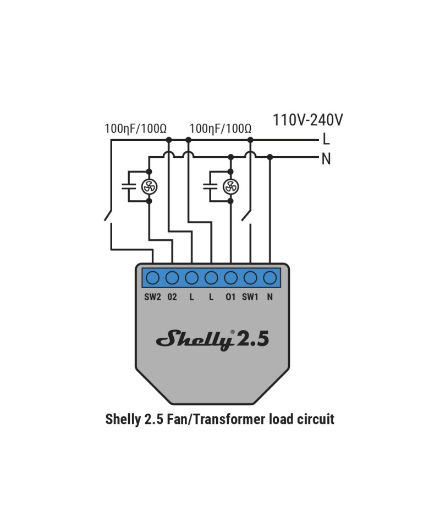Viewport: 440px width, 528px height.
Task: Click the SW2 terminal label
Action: tap(152, 297)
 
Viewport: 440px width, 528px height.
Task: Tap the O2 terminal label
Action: tap(172, 297)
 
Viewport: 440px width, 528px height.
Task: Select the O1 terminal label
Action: tap(230, 297)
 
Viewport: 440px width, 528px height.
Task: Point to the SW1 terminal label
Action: tap(250, 297)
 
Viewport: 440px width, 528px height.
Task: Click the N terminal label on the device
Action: tap(269, 297)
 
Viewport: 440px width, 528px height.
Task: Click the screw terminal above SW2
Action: tap(152, 278)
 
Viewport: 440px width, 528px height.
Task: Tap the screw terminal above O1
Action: tap(230, 278)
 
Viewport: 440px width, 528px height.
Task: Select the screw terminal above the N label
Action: tap(269, 278)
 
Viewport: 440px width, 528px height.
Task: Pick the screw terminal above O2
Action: tap(172, 278)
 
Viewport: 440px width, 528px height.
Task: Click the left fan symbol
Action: tap(149, 186)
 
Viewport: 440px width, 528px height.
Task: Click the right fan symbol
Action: tap(230, 186)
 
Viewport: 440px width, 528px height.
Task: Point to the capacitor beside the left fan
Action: tap(129, 186)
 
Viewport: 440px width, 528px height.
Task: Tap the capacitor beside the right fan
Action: tap(210, 186)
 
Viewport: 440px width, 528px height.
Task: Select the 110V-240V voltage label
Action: tap(307, 120)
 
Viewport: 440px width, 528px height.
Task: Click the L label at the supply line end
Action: tap(326, 139)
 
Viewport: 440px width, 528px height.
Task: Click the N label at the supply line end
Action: tap(326, 158)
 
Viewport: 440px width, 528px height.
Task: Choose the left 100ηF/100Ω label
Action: tap(135, 129)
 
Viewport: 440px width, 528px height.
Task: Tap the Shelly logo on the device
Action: tap(195, 339)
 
